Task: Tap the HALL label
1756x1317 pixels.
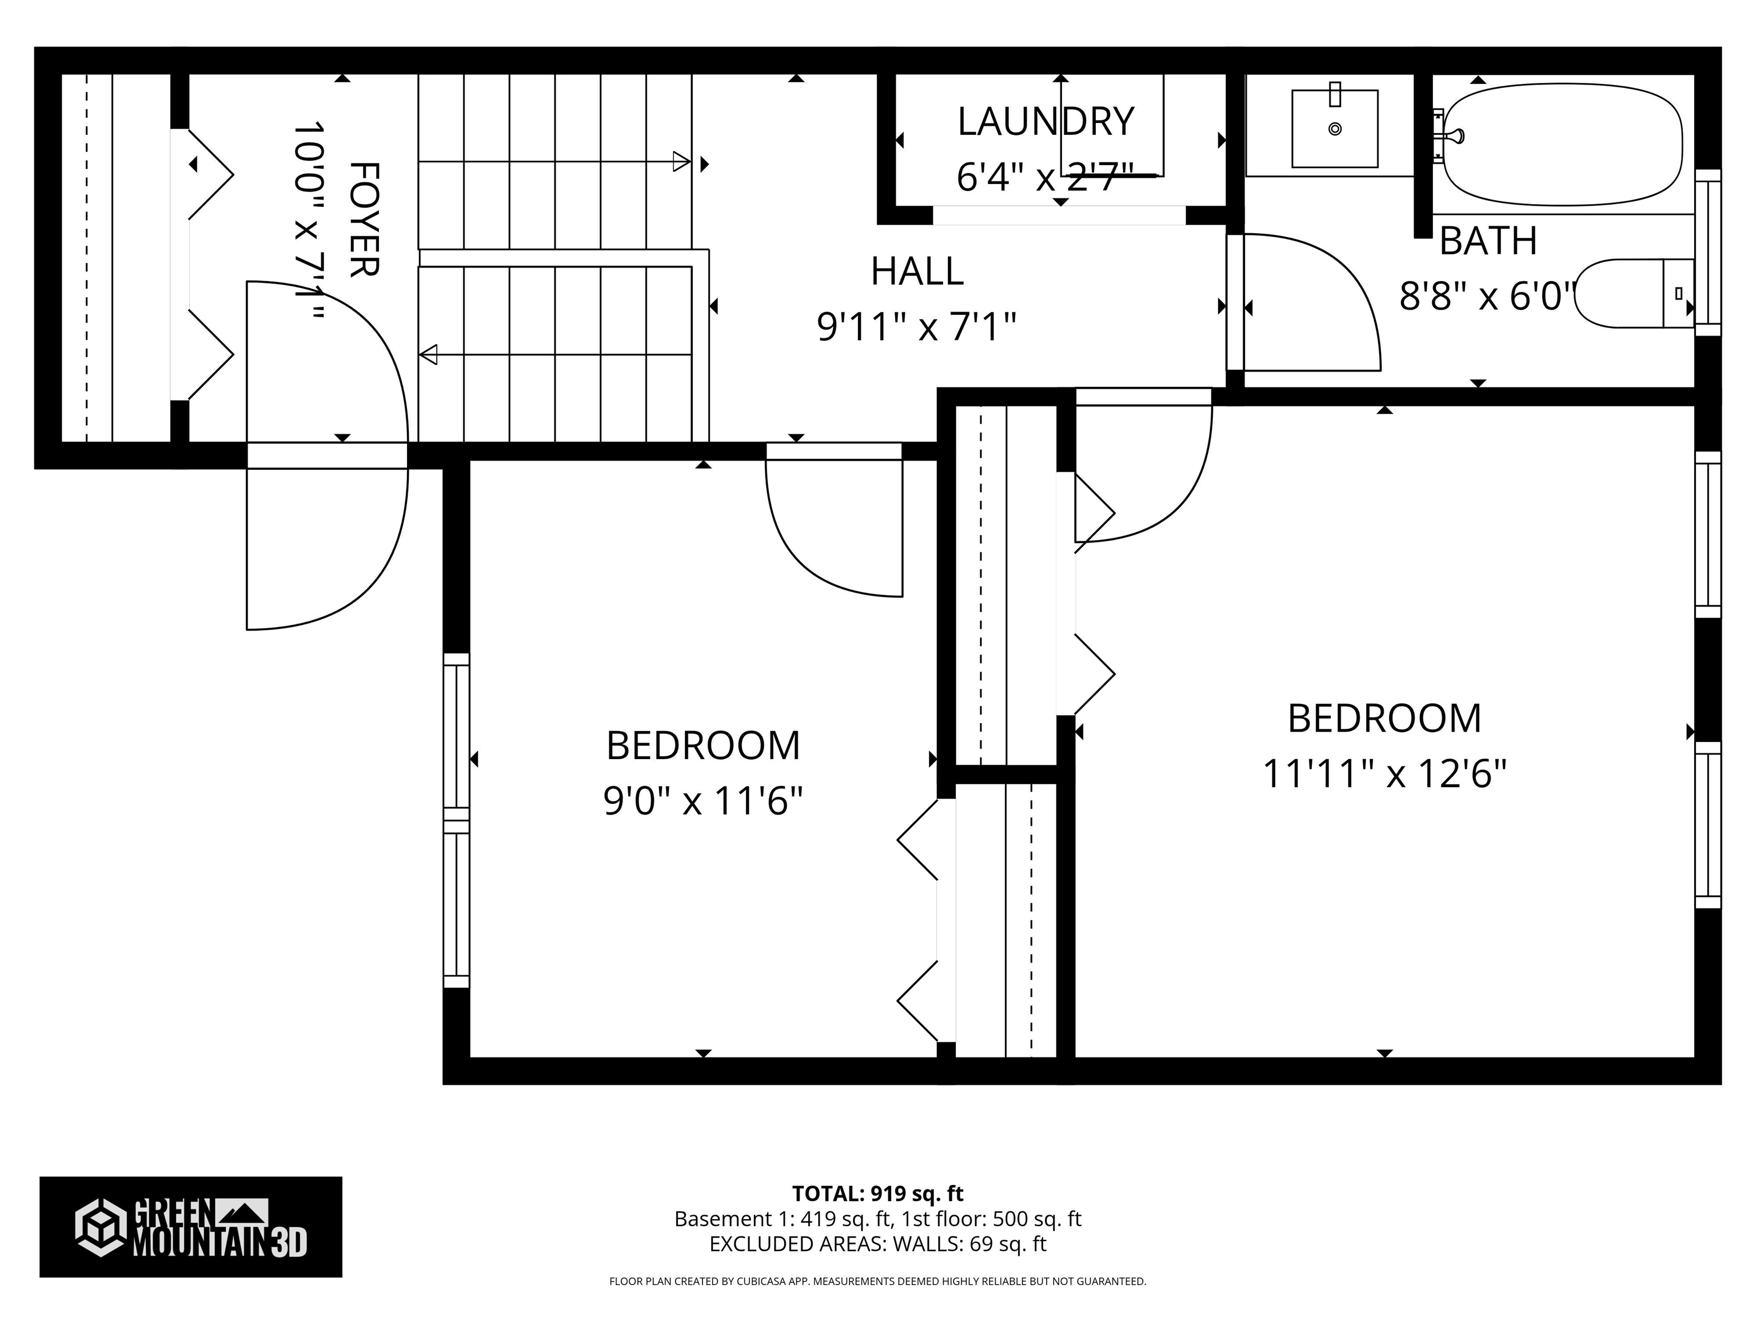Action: [x=917, y=272]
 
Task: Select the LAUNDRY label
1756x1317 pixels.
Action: [x=1045, y=121]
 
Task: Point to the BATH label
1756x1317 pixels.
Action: [x=1488, y=241]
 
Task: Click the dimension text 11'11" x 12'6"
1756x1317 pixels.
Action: [x=1384, y=773]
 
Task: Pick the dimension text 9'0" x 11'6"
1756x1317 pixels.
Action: [x=703, y=801]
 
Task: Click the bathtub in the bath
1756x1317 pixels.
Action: [x=1561, y=145]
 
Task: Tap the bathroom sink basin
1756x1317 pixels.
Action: [x=1335, y=129]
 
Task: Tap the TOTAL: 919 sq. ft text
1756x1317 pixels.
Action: [x=877, y=1193]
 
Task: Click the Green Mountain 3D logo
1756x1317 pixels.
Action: [x=190, y=1227]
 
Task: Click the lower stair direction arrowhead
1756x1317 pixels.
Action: [x=429, y=354]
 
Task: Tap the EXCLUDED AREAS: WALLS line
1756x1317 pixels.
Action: [x=877, y=1244]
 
